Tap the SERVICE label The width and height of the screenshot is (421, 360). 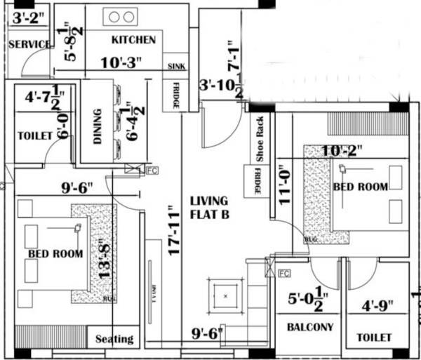click(29, 44)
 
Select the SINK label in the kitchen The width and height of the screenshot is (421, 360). click(175, 67)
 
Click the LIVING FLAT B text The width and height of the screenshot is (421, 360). click(210, 208)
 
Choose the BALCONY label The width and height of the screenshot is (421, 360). click(309, 327)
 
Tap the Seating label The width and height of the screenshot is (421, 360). click(114, 339)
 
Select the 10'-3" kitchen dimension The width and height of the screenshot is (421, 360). click(121, 62)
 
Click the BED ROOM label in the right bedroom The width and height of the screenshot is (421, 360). click(360, 187)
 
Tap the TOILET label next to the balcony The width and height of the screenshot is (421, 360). click(374, 338)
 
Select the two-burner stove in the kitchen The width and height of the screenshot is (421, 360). click(120, 17)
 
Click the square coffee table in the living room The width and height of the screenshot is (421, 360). click(225, 296)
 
